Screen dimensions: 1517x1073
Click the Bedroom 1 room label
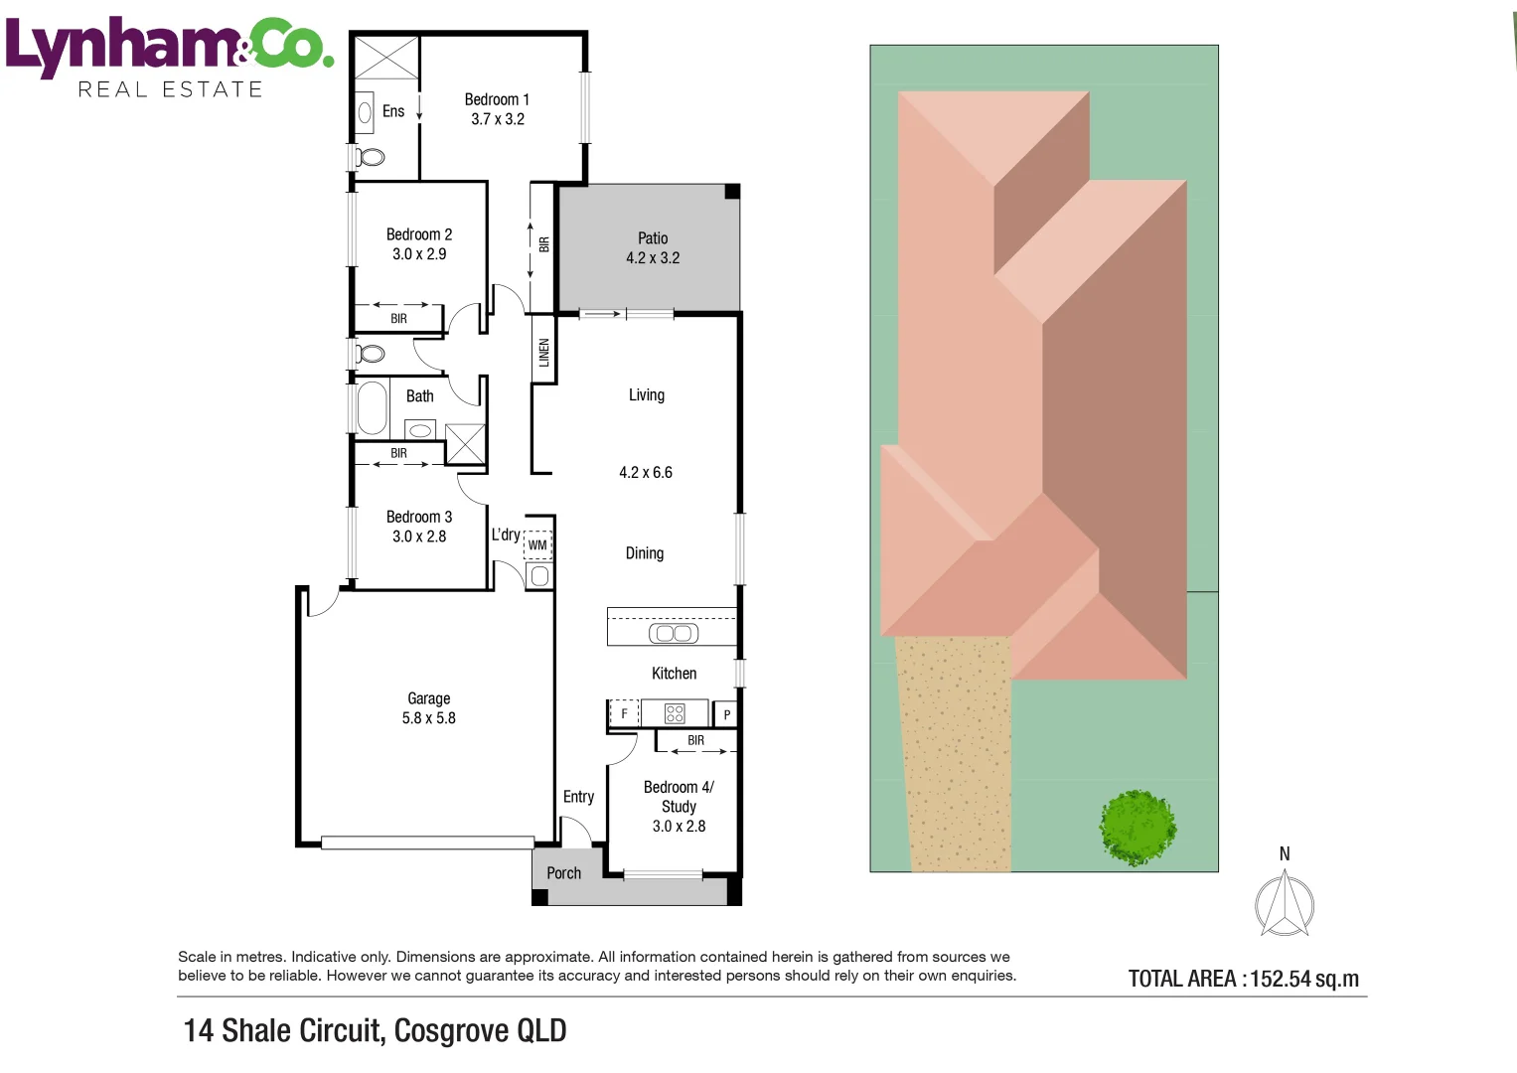(x=497, y=99)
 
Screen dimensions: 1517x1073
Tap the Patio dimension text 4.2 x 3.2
(x=652, y=258)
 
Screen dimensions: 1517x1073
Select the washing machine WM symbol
(x=537, y=544)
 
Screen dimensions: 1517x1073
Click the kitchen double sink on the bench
(x=674, y=634)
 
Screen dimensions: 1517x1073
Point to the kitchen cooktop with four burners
(x=675, y=713)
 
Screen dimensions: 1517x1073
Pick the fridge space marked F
(x=624, y=713)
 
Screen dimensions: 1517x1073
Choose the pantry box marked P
(x=726, y=714)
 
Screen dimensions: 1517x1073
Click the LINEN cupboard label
(x=543, y=353)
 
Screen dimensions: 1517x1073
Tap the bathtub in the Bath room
(x=372, y=407)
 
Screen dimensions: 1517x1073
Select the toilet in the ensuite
(x=370, y=158)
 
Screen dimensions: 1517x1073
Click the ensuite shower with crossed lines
(x=386, y=58)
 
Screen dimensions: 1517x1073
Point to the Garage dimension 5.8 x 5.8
(x=429, y=718)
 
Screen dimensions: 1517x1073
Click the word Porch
(x=563, y=873)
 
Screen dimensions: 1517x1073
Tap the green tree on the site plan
(x=1138, y=828)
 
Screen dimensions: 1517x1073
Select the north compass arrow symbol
(x=1285, y=904)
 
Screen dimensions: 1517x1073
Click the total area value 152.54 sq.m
(x=1304, y=979)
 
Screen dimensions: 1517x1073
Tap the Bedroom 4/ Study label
(x=679, y=797)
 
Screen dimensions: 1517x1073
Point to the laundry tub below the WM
(x=539, y=576)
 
